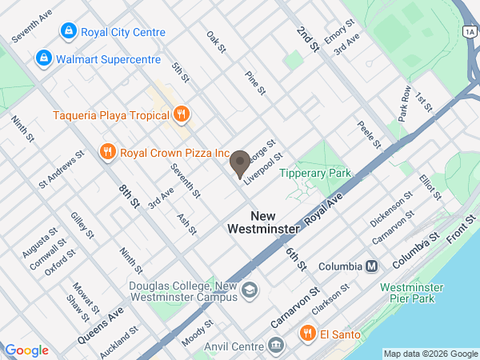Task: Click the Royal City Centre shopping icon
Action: pos(69,32)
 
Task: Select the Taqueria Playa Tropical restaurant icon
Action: pos(182,114)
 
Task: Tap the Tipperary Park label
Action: pos(315,173)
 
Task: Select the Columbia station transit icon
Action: pos(371,266)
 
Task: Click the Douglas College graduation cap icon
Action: pos(250,290)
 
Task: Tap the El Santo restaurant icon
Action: pos(306,333)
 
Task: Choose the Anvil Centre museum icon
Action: pos(276,346)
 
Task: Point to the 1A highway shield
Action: pos(470,30)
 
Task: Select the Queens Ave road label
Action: pos(102,326)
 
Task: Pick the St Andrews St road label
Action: pos(62,170)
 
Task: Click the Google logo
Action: pos(26,350)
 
